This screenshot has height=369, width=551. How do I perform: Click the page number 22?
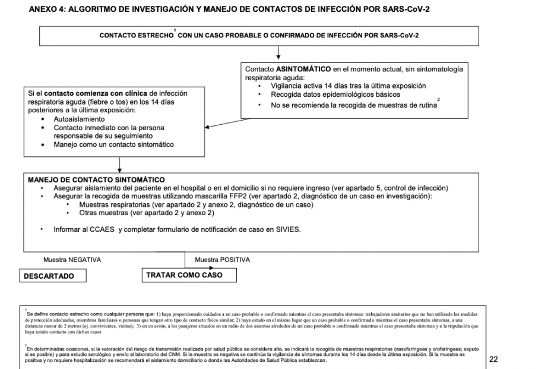(494, 359)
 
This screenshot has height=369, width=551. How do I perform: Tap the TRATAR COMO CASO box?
(184, 275)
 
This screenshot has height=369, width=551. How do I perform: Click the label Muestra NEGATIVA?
(72, 260)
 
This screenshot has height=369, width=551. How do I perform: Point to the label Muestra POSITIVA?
(222, 260)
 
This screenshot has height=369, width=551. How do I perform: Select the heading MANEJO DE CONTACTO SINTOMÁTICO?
(96, 179)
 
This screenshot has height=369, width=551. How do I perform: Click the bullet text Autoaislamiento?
(79, 119)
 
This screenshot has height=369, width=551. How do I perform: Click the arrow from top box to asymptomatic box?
(278, 53)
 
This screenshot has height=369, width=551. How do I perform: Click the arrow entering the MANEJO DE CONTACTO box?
(120, 165)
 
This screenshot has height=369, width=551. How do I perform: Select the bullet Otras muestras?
(146, 213)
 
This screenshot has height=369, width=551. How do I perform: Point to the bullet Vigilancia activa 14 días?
(348, 86)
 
